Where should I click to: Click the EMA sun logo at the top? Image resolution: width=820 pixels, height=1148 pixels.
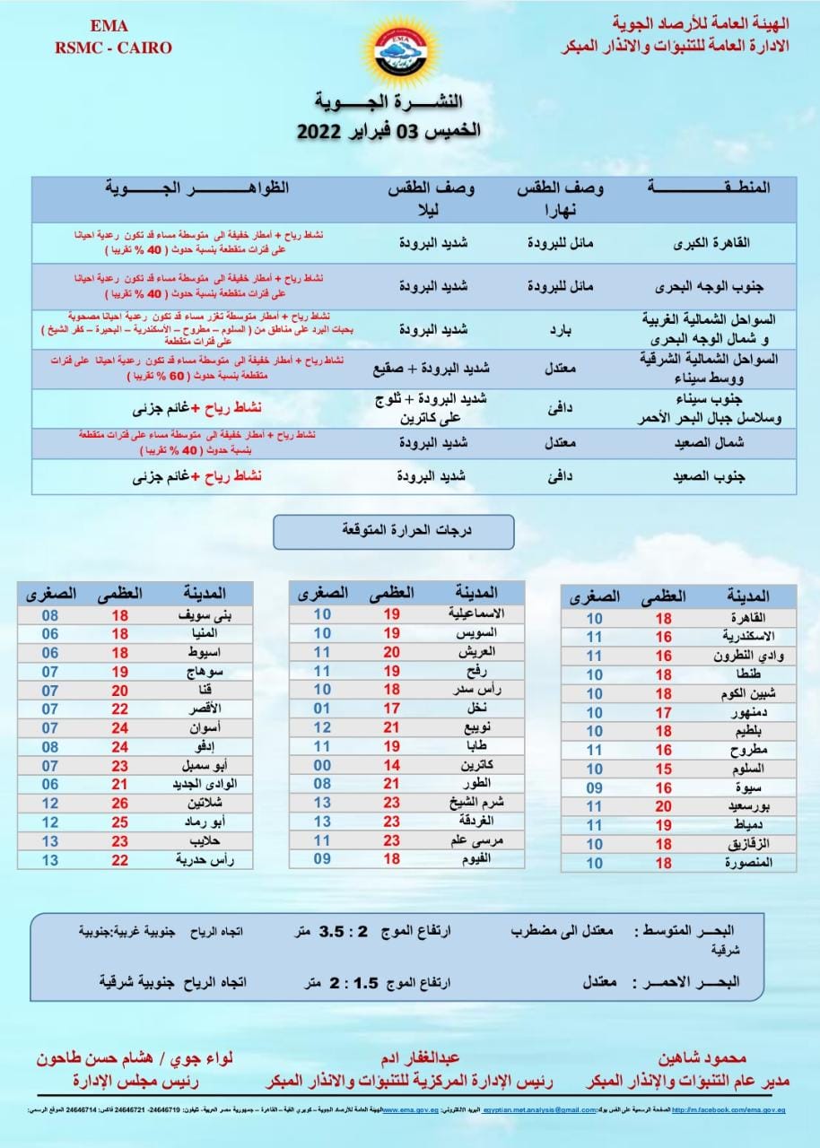(x=400, y=50)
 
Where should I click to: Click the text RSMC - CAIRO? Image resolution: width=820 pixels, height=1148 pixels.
(x=113, y=48)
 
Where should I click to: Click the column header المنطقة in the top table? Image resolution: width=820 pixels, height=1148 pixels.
(x=709, y=187)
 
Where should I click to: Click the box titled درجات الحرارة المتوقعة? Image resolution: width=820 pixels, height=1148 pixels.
(x=394, y=531)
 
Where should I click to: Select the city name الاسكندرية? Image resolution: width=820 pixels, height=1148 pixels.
(x=737, y=637)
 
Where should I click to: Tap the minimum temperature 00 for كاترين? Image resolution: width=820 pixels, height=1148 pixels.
(x=322, y=766)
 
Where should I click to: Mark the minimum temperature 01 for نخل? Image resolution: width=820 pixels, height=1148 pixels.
(x=322, y=709)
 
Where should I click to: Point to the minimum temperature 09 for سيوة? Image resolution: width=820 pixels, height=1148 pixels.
(x=595, y=787)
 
